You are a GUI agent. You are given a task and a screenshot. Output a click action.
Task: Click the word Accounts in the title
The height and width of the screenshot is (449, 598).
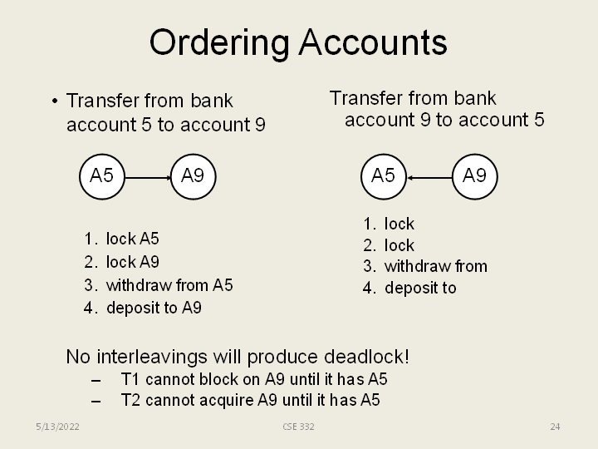(373, 42)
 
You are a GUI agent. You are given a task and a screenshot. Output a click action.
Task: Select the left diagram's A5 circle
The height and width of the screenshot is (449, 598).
(101, 175)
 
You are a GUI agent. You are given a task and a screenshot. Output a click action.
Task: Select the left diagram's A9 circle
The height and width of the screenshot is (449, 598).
(193, 175)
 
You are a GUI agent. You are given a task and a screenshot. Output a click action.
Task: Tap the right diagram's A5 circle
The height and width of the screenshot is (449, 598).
(383, 175)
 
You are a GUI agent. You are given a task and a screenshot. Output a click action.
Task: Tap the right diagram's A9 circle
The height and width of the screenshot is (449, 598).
(474, 175)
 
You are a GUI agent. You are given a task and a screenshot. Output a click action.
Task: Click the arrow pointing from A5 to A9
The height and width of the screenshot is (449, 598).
(147, 176)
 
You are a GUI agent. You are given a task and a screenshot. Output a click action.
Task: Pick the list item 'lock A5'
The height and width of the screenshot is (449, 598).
(132, 239)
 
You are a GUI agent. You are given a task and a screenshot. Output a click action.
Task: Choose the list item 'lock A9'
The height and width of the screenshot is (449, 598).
(132, 262)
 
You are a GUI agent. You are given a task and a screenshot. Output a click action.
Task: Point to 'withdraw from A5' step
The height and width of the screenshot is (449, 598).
(169, 285)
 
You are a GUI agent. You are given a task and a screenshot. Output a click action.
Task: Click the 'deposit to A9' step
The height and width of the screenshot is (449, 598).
(154, 308)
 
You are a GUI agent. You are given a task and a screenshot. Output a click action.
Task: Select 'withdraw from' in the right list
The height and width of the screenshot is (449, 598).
(435, 266)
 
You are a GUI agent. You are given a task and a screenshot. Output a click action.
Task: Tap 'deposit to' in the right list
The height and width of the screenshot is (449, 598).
(420, 288)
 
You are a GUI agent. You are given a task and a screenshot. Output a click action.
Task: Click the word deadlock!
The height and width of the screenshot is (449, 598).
(370, 358)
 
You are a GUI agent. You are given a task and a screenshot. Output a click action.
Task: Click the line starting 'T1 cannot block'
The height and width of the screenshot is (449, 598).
(254, 379)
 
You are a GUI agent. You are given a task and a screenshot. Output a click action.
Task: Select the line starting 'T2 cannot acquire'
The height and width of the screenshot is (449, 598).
(250, 400)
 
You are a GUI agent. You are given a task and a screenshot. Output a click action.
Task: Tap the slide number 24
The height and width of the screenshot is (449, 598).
(555, 427)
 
